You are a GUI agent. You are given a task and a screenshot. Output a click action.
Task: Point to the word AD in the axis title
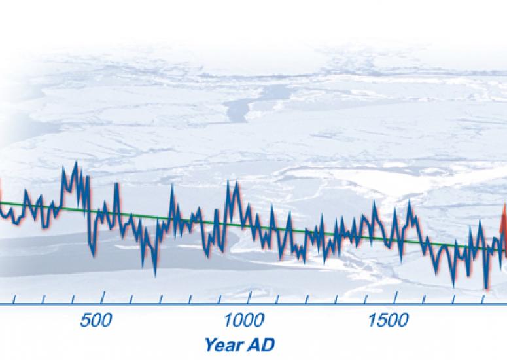[x=263, y=344]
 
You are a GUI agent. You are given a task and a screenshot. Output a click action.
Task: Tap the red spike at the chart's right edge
[x=503, y=219]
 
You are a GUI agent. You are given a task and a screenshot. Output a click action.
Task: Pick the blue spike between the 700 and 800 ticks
[x=172, y=189]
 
